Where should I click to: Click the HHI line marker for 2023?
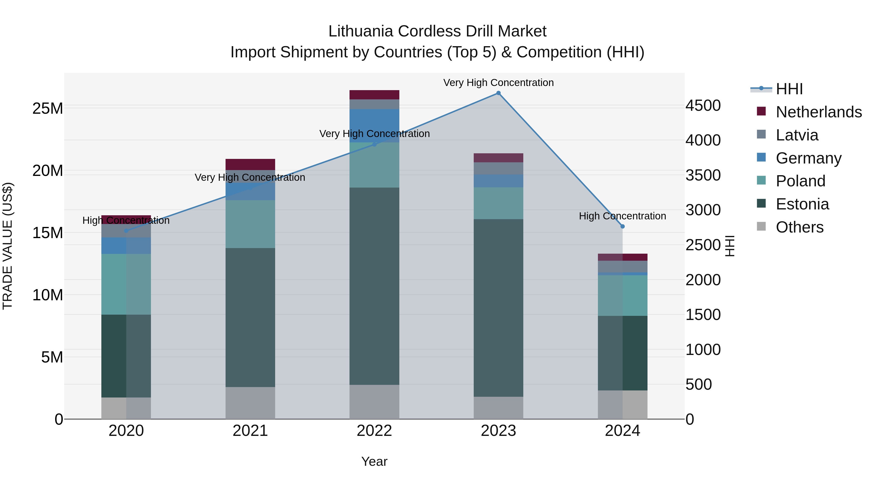(498, 93)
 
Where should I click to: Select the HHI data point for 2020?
(126, 231)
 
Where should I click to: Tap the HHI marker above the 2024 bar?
(622, 226)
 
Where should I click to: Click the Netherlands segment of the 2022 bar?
(374, 95)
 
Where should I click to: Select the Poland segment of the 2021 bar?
(250, 224)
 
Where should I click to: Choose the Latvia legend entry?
(797, 135)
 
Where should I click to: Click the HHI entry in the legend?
(789, 89)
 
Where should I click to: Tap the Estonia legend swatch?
(761, 204)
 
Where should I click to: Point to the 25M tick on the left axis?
(48, 109)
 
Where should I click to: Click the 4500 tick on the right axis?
(703, 106)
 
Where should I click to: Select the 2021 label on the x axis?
(250, 431)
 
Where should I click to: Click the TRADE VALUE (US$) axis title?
(8, 246)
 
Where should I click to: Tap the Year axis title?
(374, 461)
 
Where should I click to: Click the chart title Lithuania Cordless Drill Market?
(437, 31)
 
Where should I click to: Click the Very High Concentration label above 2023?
(498, 83)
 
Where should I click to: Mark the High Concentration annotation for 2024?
(622, 216)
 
